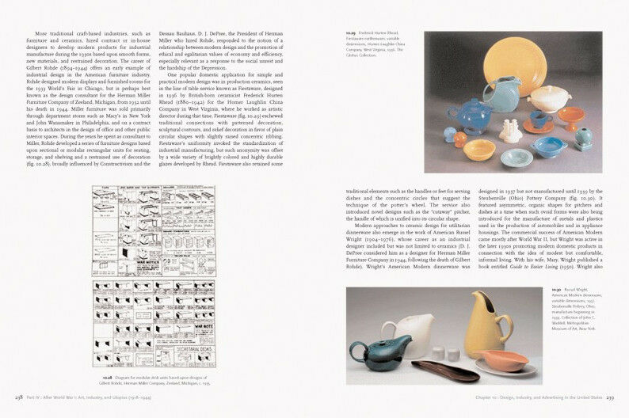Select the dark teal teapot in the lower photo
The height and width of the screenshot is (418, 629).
point(372,351)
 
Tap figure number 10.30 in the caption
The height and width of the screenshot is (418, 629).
point(557,290)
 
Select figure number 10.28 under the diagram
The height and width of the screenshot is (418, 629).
point(107,357)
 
